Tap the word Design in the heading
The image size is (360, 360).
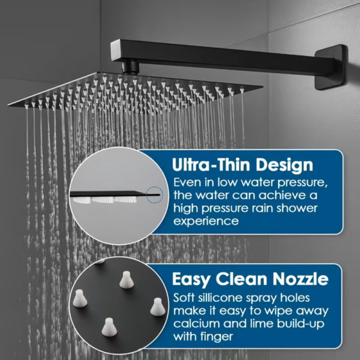(284, 166)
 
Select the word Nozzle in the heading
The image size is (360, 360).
(301, 279)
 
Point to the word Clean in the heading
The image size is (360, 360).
(241, 279)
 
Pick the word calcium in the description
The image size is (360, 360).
(196, 323)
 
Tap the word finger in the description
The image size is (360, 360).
(217, 337)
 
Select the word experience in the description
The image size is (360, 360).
(206, 221)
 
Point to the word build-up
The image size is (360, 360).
(301, 324)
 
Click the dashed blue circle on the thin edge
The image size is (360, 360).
(155, 194)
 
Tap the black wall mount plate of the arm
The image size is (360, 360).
(331, 67)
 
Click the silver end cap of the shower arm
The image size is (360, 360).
(115, 50)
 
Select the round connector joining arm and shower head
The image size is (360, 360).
(131, 67)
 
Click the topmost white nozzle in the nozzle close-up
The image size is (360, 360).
(126, 280)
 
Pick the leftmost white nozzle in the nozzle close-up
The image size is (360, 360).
(80, 298)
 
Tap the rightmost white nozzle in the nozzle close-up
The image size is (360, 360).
(157, 307)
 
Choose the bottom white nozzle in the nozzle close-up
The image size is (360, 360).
(109, 327)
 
